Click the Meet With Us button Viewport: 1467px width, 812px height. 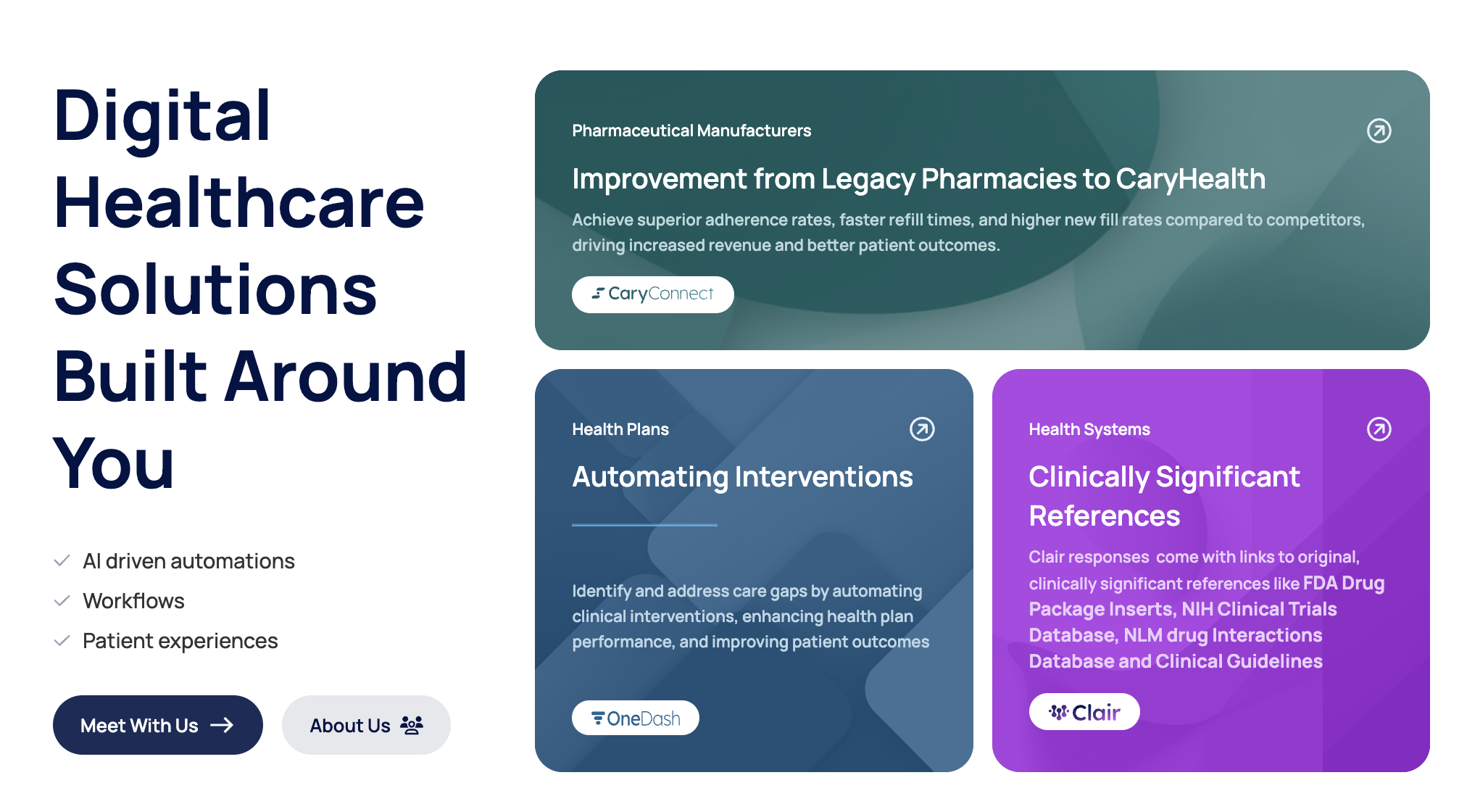click(x=158, y=725)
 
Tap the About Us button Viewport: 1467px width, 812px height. click(x=366, y=725)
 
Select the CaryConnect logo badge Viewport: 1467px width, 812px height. click(x=652, y=294)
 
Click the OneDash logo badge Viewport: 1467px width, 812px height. click(x=636, y=718)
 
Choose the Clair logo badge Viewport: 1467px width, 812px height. click(x=1084, y=712)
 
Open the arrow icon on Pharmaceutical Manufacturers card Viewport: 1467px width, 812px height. click(x=1379, y=130)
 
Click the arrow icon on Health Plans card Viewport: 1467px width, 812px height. click(x=922, y=429)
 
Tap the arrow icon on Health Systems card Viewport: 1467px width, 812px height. click(x=1379, y=429)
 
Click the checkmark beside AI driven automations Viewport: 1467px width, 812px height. click(x=62, y=560)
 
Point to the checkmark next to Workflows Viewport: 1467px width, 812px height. click(x=62, y=600)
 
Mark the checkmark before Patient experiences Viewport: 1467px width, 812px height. click(x=62, y=640)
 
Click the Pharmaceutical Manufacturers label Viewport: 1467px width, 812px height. click(x=691, y=130)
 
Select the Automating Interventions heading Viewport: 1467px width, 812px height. click(x=742, y=477)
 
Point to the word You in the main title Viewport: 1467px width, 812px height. click(x=114, y=463)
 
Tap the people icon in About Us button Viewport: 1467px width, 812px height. click(x=412, y=725)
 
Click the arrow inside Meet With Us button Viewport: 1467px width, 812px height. click(x=222, y=725)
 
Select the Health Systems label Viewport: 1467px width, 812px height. click(x=1089, y=429)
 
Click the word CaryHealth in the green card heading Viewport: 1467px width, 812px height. click(x=1191, y=179)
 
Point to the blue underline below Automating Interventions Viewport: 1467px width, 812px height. click(x=644, y=524)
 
